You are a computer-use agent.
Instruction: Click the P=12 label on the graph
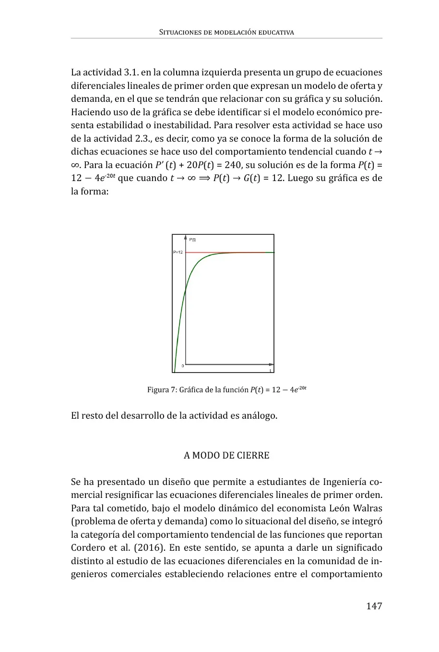coord(178,252)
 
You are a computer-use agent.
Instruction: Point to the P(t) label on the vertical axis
coord(192,240)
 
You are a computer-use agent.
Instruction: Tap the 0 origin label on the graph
coord(182,366)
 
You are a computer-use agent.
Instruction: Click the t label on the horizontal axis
coord(270,370)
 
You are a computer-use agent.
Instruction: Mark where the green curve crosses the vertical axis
coord(185,290)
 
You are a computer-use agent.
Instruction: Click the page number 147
coord(374,606)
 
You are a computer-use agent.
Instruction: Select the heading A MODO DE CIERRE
coord(226,455)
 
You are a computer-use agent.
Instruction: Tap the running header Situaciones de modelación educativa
coord(226,32)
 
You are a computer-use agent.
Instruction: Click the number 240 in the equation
coord(233,165)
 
